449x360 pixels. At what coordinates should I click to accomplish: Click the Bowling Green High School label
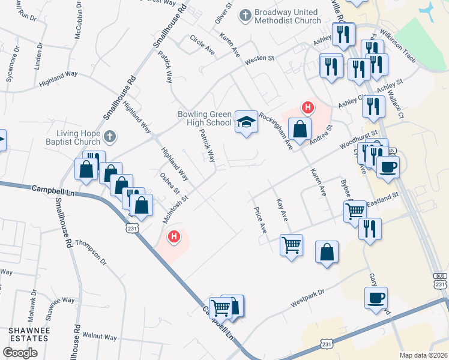click(x=204, y=118)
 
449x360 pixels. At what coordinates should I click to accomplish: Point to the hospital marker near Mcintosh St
click(x=174, y=238)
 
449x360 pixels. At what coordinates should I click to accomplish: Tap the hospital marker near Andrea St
click(x=307, y=108)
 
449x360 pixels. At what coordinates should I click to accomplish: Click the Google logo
click(x=20, y=353)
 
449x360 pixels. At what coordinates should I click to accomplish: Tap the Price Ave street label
click(x=261, y=220)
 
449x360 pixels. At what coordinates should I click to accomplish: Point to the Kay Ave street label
click(x=282, y=211)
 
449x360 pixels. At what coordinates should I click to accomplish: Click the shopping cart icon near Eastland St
click(x=355, y=211)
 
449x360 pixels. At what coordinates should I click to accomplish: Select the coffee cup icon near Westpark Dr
click(x=376, y=298)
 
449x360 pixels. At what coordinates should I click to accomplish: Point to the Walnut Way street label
click(x=100, y=337)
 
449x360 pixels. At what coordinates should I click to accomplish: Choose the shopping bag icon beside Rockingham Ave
click(x=300, y=128)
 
